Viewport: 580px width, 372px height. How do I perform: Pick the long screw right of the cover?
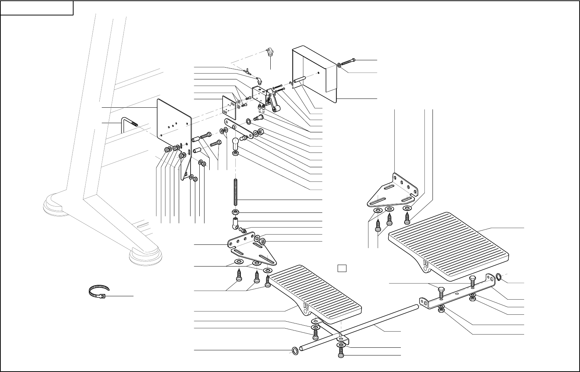pos(348,62)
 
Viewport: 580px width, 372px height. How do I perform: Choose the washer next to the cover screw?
pos(339,65)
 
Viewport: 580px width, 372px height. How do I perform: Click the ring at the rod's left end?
pos(295,350)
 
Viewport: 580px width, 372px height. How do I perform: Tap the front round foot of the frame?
pos(145,255)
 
